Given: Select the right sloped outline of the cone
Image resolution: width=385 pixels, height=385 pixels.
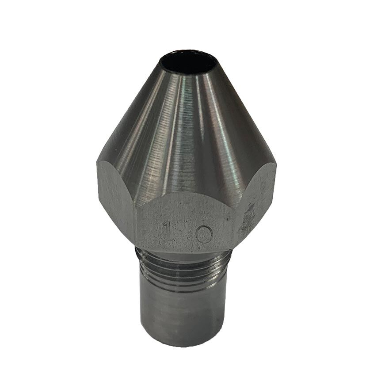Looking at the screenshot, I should (x=248, y=115).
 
